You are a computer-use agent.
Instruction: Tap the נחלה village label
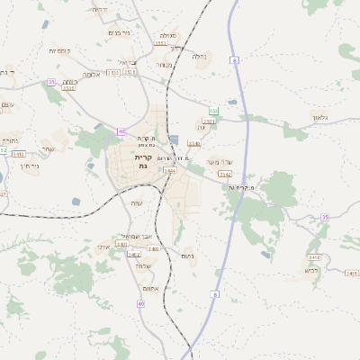200,56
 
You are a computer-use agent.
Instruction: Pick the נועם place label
189,257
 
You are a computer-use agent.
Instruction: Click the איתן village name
102,245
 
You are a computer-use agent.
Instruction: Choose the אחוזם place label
151,288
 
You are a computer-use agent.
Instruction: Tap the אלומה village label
91,75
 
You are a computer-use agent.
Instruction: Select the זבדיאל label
131,62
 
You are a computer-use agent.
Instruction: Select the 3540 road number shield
194,143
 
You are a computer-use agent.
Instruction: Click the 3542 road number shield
224,174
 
